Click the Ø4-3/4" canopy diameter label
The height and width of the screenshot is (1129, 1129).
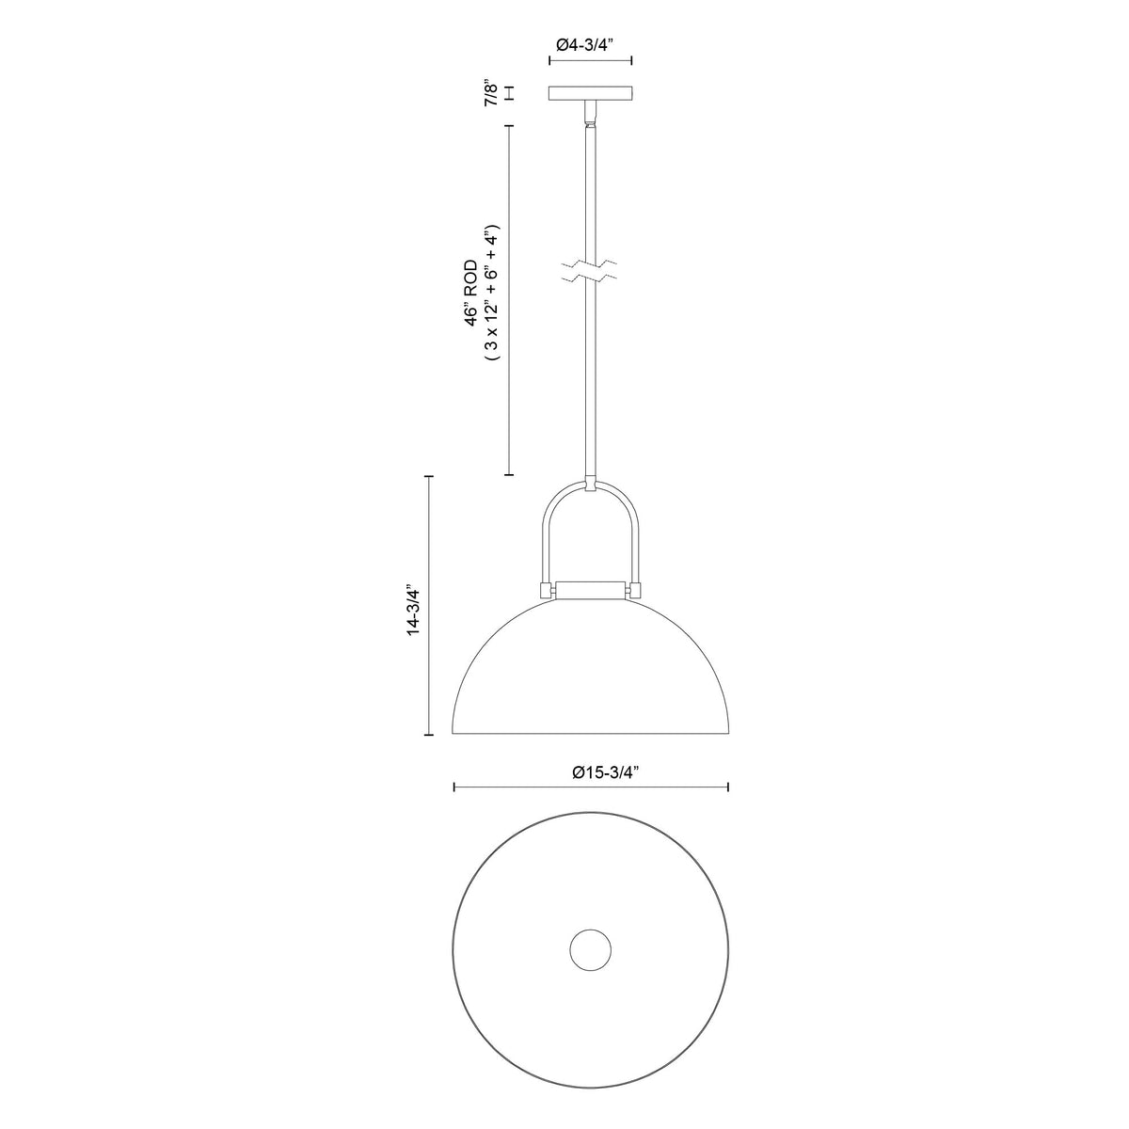(x=589, y=45)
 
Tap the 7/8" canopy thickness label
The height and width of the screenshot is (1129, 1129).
(x=491, y=94)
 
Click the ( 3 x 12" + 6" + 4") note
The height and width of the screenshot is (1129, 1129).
(x=491, y=292)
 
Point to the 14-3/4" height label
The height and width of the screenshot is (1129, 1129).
(x=414, y=610)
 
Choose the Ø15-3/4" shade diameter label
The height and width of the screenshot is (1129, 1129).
(x=605, y=772)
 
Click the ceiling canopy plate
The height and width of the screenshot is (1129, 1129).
(x=591, y=93)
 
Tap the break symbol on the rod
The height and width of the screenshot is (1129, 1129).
(x=590, y=271)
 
